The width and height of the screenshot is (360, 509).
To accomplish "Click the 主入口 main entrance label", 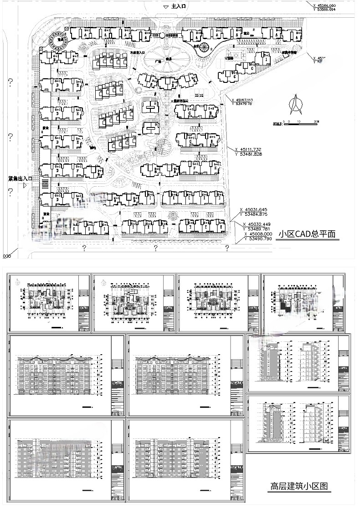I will pyautogui.click(x=179, y=7).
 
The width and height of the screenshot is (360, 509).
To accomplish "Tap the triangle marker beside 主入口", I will pyautogui.click(x=165, y=7).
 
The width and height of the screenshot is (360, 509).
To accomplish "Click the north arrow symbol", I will pyautogui.click(x=295, y=104).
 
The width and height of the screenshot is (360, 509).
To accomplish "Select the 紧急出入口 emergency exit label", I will pyautogui.click(x=18, y=179).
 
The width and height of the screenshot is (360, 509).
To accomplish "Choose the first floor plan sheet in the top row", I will pyautogui.click(x=49, y=303).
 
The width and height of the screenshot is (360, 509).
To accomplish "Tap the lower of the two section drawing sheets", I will pyautogui.click(x=298, y=424).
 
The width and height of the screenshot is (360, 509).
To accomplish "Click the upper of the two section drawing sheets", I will pyautogui.click(x=298, y=362).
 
